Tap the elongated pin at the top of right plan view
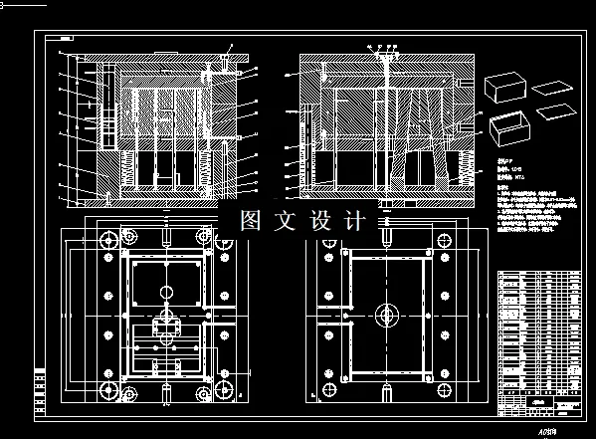pyautogui.click(x=382, y=238)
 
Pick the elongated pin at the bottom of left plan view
pyautogui.click(x=165, y=391)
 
